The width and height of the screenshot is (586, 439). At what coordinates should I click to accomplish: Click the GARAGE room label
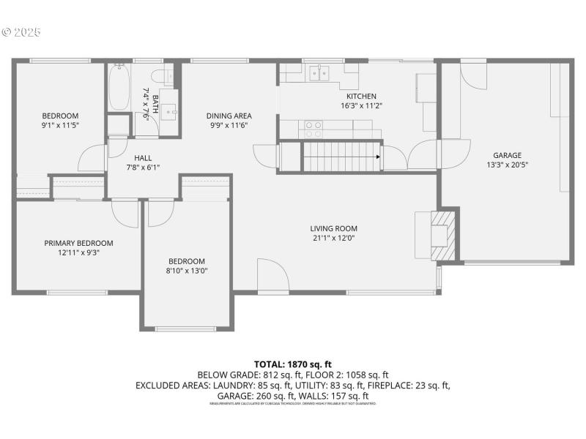507,155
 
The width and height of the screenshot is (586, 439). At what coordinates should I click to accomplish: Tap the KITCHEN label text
361,96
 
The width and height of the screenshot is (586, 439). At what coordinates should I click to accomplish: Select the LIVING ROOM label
333,228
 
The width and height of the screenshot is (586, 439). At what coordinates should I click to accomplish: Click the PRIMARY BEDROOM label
78,243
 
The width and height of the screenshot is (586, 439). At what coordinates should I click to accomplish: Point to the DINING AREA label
229,116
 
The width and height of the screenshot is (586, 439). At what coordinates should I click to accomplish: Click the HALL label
142,157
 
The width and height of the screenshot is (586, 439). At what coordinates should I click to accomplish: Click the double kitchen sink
319,72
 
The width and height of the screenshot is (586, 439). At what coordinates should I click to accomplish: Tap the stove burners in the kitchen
314,130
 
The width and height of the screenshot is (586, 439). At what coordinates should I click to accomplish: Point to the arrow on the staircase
378,157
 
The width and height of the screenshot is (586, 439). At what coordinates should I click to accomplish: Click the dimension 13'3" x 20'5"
507,165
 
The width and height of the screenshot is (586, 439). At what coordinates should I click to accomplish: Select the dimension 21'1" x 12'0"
333,238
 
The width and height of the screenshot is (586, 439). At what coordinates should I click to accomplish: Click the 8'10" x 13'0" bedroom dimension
187,271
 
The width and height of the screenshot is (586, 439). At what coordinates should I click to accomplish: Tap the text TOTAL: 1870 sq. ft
293,364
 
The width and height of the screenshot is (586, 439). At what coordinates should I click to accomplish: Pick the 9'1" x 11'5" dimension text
60,125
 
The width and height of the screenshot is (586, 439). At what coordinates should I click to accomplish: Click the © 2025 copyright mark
22,33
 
